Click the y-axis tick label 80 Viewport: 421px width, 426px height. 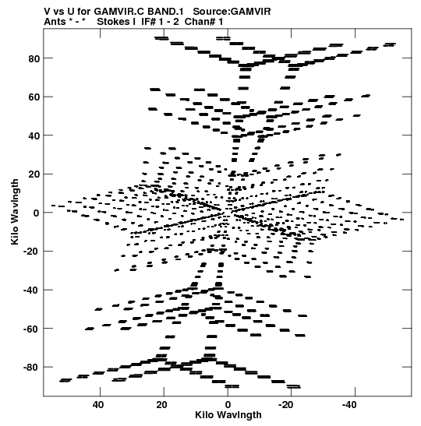coord(34,58)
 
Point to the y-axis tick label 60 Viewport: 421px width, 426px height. coord(34,97)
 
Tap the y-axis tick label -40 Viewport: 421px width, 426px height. coord(31,290)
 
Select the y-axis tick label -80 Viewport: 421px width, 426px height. coord(31,368)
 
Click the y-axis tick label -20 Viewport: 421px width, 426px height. coord(31,252)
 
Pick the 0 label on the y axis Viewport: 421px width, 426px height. coord(36,213)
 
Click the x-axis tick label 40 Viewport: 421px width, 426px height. coord(98,405)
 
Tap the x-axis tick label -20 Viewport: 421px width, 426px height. coord(286,405)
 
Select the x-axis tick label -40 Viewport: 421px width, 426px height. coord(349,405)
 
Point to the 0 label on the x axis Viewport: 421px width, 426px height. coord(228,405)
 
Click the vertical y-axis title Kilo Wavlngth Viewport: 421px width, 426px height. coord(15,212)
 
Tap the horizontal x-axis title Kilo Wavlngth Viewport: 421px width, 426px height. coord(228,415)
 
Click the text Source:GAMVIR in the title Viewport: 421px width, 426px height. coord(232,12)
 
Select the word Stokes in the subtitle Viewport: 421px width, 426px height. coord(113,22)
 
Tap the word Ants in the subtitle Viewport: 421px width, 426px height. coord(55,22)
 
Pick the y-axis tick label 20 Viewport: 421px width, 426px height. coord(34,174)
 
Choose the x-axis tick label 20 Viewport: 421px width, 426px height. coord(161,405)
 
